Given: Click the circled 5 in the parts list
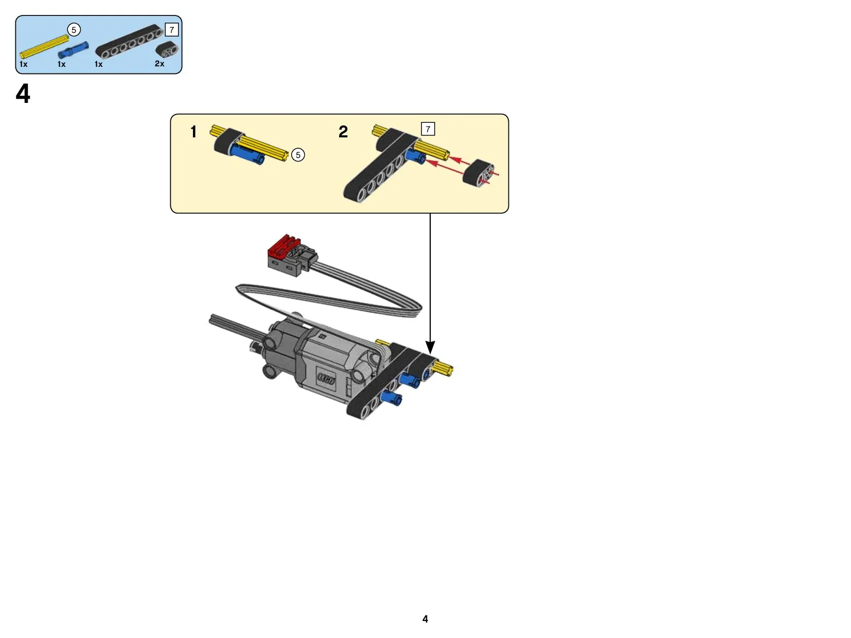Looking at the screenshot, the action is (74, 30).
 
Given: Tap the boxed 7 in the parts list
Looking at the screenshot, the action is (172, 30).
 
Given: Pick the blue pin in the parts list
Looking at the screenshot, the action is (73, 50).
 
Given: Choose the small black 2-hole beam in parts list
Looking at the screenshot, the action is (167, 49).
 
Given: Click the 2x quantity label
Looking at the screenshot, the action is (159, 64).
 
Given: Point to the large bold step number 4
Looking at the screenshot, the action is (23, 94).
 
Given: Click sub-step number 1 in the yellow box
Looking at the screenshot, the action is (193, 132).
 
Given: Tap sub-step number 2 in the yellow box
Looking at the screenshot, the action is (343, 132).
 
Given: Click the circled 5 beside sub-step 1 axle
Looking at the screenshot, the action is (298, 155).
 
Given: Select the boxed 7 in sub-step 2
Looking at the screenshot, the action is (428, 129).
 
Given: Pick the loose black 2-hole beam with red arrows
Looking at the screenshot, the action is (478, 172).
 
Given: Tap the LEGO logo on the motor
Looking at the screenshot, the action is (326, 378).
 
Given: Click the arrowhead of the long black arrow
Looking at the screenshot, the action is (430, 347).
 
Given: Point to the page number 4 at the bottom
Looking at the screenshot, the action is (426, 619).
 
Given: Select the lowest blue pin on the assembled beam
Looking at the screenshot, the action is (392, 398).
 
